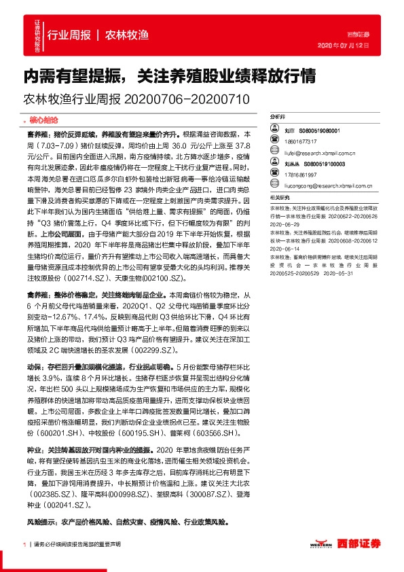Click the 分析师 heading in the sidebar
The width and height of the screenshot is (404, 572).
pos(278,117)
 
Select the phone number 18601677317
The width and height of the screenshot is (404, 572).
pos(300,141)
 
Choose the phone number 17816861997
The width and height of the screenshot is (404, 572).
pos(300,174)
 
